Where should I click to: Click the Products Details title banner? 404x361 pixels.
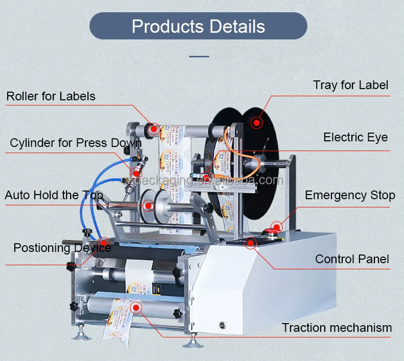tap(198, 27)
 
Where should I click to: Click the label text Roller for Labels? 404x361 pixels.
tap(51, 96)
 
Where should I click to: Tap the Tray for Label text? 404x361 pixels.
tap(351, 86)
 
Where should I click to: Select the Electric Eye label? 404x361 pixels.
tap(355, 137)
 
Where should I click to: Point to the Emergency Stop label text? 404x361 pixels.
tap(350, 196)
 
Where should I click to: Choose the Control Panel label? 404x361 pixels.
tap(352, 259)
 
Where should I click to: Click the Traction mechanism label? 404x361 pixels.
tap(337, 328)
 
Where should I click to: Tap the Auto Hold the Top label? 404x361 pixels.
tap(54, 196)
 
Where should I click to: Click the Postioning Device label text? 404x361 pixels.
tap(62, 248)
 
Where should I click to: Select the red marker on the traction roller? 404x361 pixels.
tap(136, 307)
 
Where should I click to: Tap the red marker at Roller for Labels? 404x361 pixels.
tap(152, 130)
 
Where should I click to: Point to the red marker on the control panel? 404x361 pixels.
tap(250, 243)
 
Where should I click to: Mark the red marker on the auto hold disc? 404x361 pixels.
tap(148, 206)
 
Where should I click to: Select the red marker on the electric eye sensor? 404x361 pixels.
tap(206, 178)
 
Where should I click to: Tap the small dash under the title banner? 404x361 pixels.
tap(199, 56)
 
